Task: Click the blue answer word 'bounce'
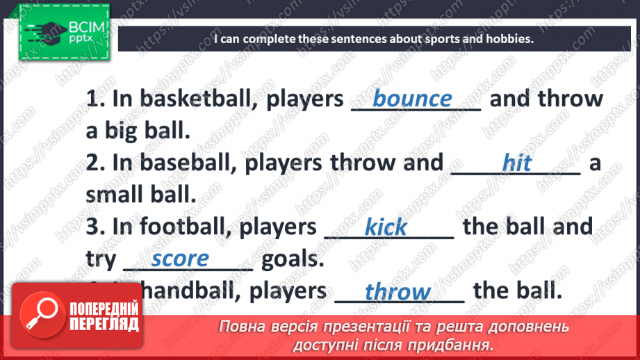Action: [x=412, y=99]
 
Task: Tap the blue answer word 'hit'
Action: [x=516, y=163]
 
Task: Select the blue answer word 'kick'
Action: [x=386, y=227]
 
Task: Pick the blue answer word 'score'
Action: [x=180, y=259]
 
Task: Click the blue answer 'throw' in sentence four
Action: [x=397, y=292]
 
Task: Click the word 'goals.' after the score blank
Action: [x=293, y=259]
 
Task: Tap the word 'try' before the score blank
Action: [x=101, y=260]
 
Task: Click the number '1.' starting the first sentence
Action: [x=96, y=99]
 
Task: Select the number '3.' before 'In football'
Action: [x=96, y=227]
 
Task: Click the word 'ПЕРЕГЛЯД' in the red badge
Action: [x=104, y=325]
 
